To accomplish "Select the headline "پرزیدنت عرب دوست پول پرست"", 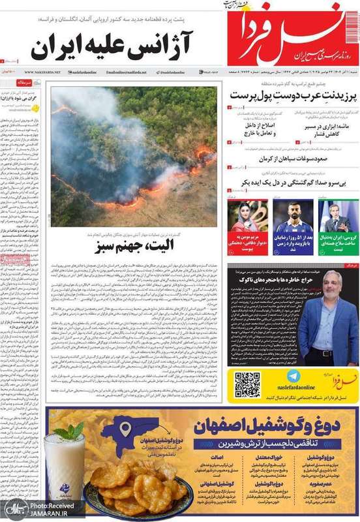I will click(292, 96).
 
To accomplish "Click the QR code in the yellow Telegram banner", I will click(247, 385).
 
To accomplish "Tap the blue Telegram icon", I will click(293, 376).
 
